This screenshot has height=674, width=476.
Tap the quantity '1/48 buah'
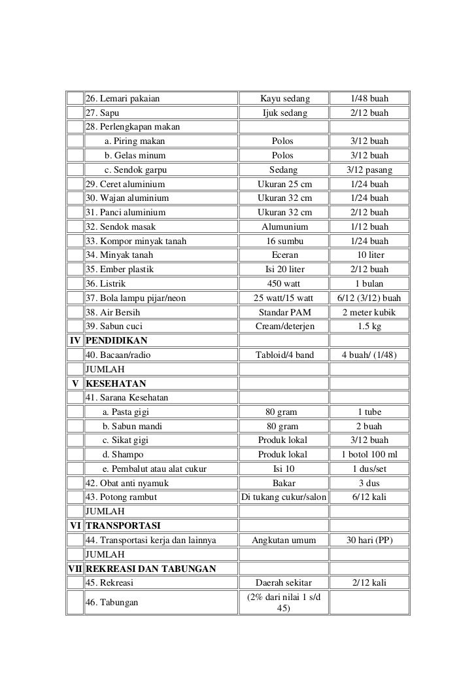pyautogui.click(x=369, y=99)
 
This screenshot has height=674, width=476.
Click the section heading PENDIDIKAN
pyautogui.click(x=116, y=340)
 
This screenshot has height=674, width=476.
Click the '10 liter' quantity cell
pyautogui.click(x=369, y=255)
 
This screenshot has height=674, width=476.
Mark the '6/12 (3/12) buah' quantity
pyautogui.click(x=369, y=298)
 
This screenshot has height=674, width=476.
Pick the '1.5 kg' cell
pyautogui.click(x=369, y=327)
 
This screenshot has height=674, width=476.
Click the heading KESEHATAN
pyautogui.click(x=116, y=383)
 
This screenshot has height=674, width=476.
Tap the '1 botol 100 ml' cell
pyautogui.click(x=369, y=455)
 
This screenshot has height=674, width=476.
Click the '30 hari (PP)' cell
pyautogui.click(x=369, y=540)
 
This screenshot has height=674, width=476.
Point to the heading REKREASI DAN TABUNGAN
pyautogui.click(x=151, y=568)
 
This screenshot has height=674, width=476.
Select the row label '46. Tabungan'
pyautogui.click(x=112, y=602)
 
